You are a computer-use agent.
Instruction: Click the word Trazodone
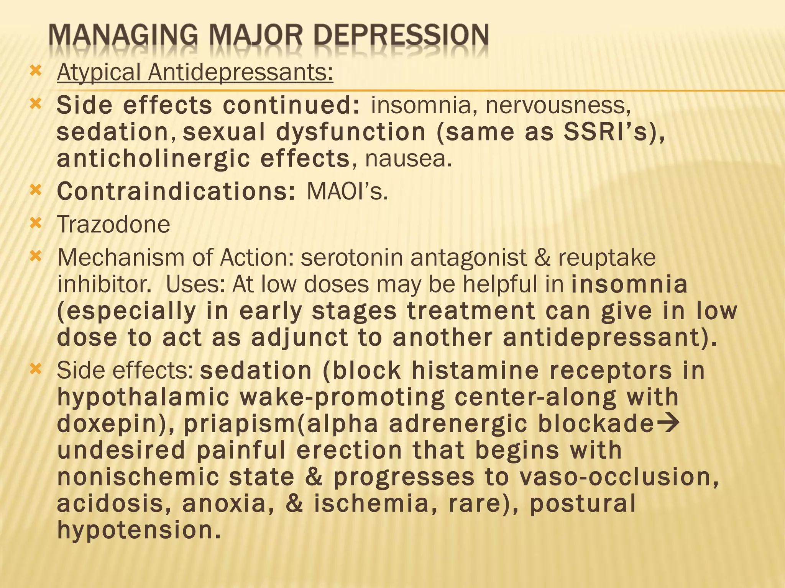(x=113, y=224)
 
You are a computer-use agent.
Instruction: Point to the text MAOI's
(x=347, y=191)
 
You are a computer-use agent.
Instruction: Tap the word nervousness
(x=558, y=105)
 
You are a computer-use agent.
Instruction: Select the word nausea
(x=408, y=159)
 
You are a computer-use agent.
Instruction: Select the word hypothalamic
(x=143, y=398)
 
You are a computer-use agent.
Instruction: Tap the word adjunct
(x=299, y=338)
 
